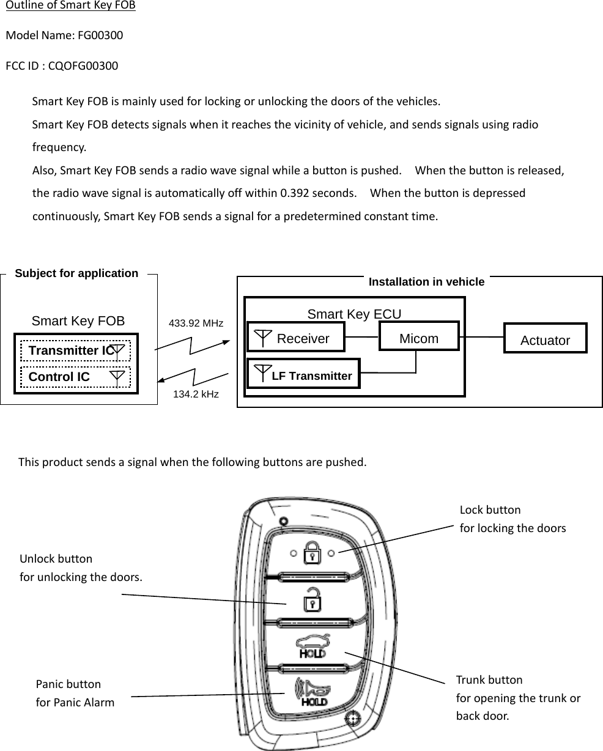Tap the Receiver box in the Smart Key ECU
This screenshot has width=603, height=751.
(x=296, y=338)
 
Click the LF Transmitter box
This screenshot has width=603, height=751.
(x=304, y=374)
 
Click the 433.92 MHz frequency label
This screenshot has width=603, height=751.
(x=196, y=322)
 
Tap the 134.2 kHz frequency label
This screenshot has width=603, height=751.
(x=196, y=394)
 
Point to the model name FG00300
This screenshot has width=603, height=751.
(x=100, y=35)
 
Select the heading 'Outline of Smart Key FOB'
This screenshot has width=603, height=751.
(x=70, y=6)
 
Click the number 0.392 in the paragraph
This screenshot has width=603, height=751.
(x=293, y=193)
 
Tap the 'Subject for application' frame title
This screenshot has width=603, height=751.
(x=76, y=273)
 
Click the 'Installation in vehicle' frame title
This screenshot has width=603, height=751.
(x=426, y=282)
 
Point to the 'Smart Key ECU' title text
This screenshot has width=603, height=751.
(x=354, y=314)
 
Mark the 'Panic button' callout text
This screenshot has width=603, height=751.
(x=68, y=684)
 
